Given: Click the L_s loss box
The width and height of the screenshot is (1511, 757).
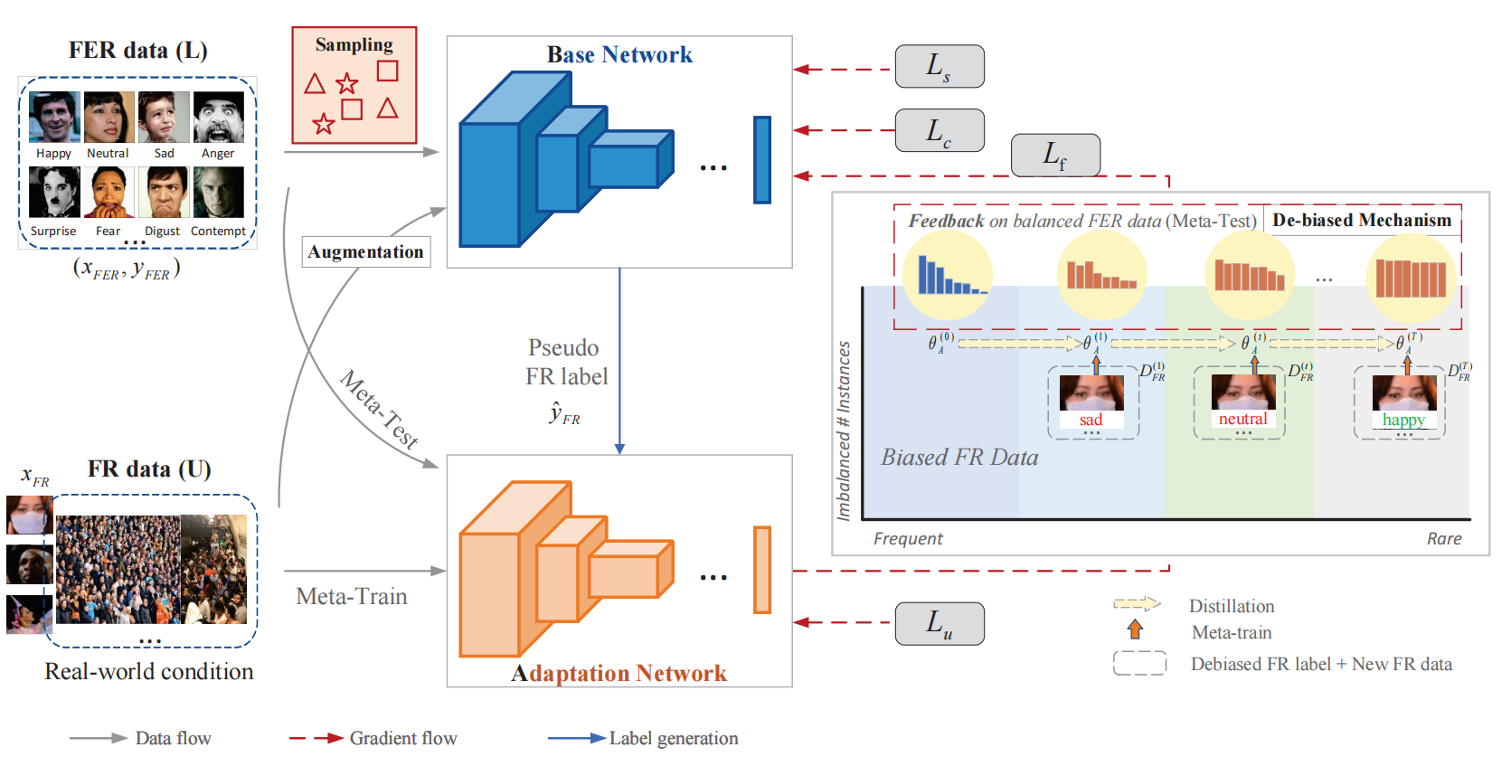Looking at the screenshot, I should (x=939, y=66).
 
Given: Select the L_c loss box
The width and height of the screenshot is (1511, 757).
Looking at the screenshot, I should (x=939, y=130).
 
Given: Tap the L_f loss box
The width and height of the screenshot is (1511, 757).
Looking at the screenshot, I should (x=1054, y=155).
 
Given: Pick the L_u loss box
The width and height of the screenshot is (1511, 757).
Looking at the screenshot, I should (x=939, y=623).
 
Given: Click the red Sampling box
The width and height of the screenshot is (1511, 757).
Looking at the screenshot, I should (x=354, y=85).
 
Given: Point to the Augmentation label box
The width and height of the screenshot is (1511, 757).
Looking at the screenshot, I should (x=365, y=251).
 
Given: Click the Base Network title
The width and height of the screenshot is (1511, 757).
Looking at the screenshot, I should (x=619, y=55).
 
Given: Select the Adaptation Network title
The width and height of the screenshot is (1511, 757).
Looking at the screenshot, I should (x=619, y=673).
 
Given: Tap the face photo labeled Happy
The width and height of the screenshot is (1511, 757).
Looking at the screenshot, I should (x=54, y=118).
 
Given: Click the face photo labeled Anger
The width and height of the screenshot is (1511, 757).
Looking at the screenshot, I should (x=218, y=118).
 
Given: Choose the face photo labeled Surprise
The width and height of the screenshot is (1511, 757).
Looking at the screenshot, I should (x=54, y=193).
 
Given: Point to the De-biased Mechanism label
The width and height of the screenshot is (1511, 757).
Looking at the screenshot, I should (x=1361, y=220).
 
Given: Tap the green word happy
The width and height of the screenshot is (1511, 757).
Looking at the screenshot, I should (x=1403, y=420).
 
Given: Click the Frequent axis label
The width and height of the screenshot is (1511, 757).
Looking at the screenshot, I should (x=907, y=539).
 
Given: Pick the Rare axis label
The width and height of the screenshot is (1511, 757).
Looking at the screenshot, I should (x=1444, y=539).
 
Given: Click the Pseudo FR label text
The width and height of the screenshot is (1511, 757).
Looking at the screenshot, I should (x=566, y=363).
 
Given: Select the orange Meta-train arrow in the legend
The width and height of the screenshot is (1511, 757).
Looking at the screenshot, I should (x=1135, y=629).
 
